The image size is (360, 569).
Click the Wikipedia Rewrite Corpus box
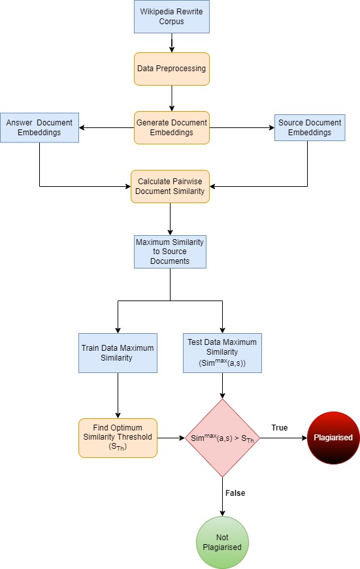coord(171,17)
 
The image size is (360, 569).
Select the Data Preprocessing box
coord(171,69)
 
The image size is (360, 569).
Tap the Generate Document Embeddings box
coord(171,127)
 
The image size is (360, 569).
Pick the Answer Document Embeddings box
coord(40,127)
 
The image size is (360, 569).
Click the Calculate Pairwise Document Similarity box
coord(171,186)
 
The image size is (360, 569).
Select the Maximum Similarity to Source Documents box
coord(170,252)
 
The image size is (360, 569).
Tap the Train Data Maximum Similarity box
coord(118,353)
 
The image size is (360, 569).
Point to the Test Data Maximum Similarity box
coord(223,353)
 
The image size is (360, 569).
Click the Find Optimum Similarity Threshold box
coord(118,438)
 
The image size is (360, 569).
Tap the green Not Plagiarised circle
coord(223,542)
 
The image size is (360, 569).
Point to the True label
coord(280,427)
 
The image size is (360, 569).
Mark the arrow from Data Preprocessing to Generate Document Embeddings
coord(171,98)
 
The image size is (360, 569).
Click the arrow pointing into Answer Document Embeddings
coord(105,127)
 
